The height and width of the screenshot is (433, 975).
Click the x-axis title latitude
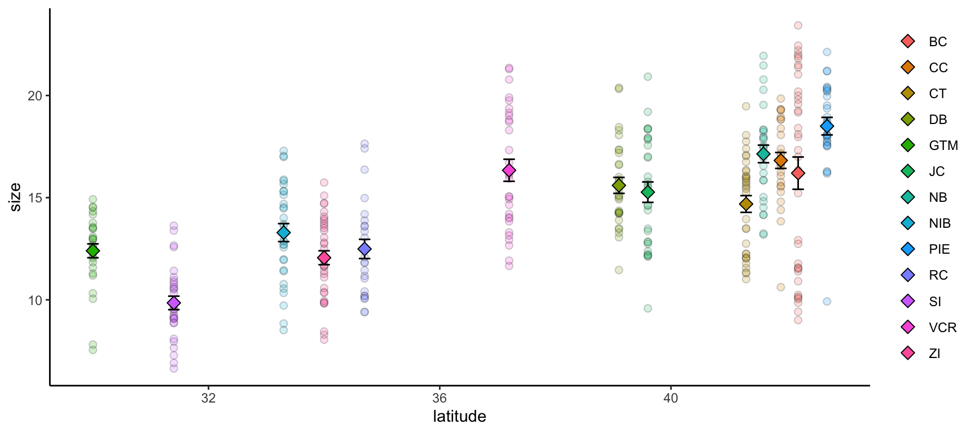pos(459,417)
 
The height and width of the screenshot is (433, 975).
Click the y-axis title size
pos(16,197)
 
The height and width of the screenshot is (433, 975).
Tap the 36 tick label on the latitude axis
pos(439,398)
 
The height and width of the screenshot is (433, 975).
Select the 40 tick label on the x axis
pos(670,398)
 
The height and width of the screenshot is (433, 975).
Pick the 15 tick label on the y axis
pos(35,198)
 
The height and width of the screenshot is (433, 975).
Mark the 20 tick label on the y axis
pos(35,96)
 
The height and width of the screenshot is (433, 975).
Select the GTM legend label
pos(943,145)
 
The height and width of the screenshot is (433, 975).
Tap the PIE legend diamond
pos(908,249)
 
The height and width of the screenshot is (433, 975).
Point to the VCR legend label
pos(942,328)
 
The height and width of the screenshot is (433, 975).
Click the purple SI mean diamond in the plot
pos(174,303)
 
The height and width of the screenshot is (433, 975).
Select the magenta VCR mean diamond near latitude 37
pos(509,170)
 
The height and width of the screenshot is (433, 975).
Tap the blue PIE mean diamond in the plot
pos(827,126)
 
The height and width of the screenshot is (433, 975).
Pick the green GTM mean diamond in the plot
pos(93,251)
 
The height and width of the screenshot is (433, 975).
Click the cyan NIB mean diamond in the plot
pos(284,232)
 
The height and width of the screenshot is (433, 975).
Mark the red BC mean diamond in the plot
pos(798,173)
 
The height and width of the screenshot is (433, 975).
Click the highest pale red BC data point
pos(798,25)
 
